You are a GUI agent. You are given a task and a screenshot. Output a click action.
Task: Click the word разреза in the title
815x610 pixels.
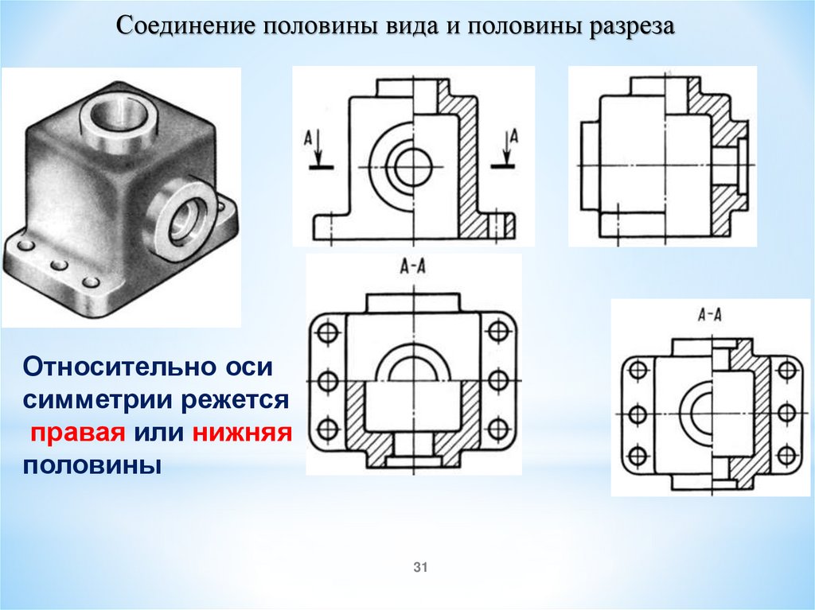pyautogui.click(x=631, y=27)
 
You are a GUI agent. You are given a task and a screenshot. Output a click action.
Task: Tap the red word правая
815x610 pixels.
pyautogui.click(x=78, y=433)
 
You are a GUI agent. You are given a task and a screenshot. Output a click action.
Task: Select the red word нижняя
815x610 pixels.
pyautogui.click(x=242, y=432)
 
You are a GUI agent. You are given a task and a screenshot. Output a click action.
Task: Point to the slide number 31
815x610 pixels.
pyautogui.click(x=420, y=567)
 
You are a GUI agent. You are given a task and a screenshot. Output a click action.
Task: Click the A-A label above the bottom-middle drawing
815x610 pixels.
pyautogui.click(x=413, y=267)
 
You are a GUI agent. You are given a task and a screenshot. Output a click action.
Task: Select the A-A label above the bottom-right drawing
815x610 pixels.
pyautogui.click(x=710, y=314)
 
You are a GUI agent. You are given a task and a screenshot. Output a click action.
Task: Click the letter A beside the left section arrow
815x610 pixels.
pyautogui.click(x=308, y=138)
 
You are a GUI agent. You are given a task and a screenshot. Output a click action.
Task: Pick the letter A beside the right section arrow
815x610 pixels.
pyautogui.click(x=514, y=136)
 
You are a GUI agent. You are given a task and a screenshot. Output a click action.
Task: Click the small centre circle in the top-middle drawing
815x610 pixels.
pyautogui.click(x=413, y=167)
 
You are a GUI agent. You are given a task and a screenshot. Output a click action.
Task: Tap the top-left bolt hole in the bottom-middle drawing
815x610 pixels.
pyautogui.click(x=327, y=331)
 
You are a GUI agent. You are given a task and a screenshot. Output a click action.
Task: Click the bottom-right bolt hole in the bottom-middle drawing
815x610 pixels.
pyautogui.click(x=498, y=429)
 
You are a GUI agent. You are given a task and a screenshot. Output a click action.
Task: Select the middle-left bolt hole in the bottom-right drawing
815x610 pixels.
pyautogui.click(x=638, y=414)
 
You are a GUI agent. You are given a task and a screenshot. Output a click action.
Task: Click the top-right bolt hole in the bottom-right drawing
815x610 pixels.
pyautogui.click(x=787, y=371)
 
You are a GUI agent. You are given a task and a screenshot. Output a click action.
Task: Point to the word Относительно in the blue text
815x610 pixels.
pyautogui.click(x=147, y=367)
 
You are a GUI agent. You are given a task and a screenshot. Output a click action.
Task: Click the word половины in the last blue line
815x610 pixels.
pyautogui.click(x=92, y=465)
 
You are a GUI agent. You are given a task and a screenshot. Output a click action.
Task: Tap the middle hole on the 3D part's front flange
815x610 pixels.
pyautogui.click(x=59, y=265)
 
